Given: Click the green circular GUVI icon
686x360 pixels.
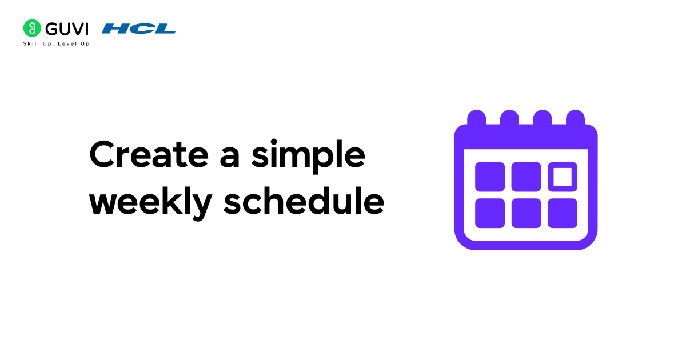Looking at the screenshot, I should tap(31, 28).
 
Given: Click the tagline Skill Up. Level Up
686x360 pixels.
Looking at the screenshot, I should tap(56, 44).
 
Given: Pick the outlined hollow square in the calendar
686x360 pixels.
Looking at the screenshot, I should tap(563, 177).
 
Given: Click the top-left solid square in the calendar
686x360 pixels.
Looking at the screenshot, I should tap(490, 177).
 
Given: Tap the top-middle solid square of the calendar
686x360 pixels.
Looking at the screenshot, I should tap(526, 177).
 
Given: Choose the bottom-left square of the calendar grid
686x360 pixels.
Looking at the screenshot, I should tap(490, 213).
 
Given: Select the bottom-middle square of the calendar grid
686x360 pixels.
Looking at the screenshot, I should tap(526, 213).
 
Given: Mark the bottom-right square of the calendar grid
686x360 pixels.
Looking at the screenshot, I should tap(563, 213).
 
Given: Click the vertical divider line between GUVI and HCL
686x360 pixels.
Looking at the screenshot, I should tap(95, 28).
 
